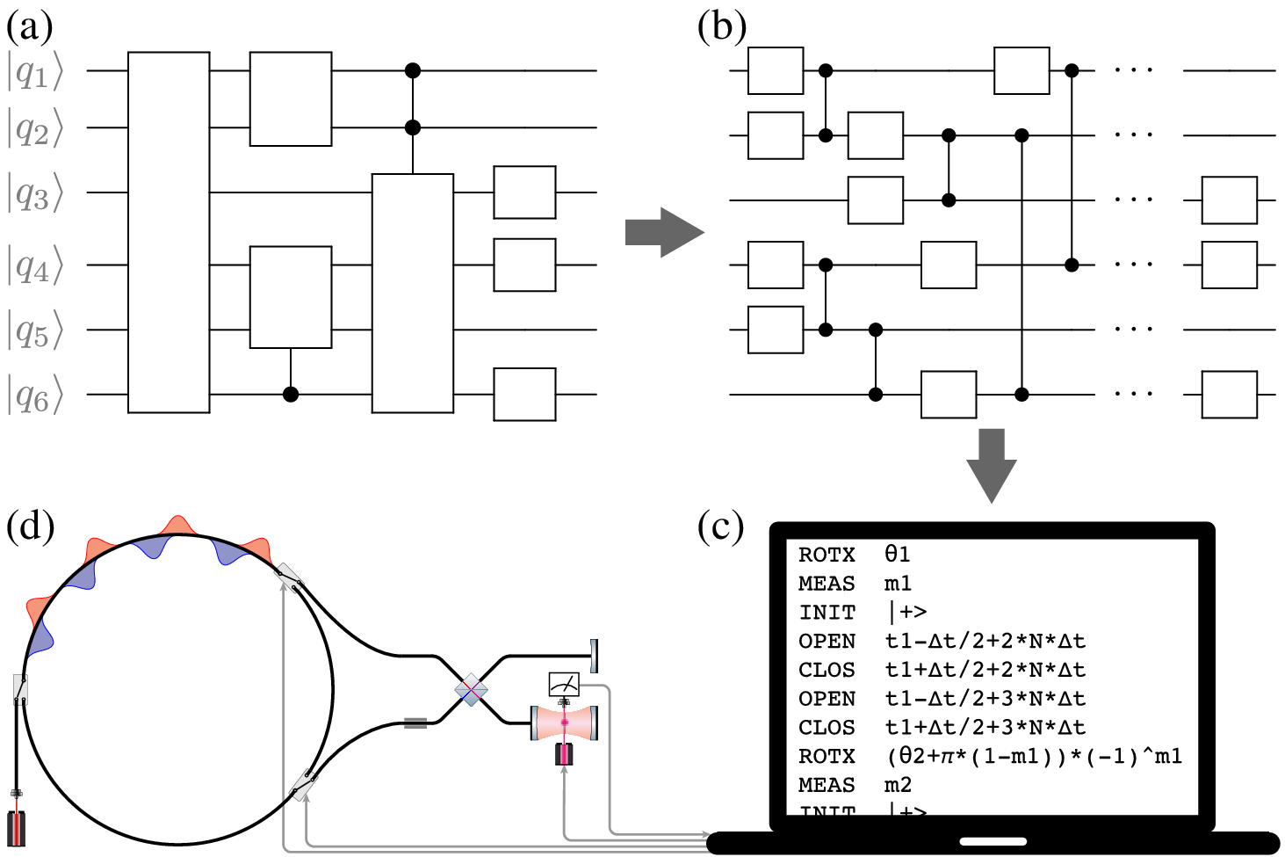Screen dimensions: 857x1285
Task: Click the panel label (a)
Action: click(29, 27)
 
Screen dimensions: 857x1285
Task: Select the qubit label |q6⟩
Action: click(35, 396)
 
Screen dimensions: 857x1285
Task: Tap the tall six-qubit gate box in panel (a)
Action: click(169, 232)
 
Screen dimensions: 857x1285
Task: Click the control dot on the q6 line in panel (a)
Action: click(291, 395)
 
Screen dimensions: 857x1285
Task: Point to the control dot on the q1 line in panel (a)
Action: click(412, 70)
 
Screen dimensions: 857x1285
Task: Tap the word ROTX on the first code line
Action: click(827, 555)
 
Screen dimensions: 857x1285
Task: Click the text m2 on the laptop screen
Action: click(898, 785)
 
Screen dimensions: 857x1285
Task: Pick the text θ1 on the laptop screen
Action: click(897, 555)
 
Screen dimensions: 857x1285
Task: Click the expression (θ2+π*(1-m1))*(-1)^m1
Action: click(1034, 756)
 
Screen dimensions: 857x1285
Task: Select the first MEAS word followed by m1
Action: click(827, 584)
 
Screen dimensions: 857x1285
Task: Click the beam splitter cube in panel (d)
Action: click(472, 690)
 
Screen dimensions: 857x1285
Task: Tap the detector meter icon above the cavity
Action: click(563, 683)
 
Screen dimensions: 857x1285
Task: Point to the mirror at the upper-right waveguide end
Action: click(595, 655)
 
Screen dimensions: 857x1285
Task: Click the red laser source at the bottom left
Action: click(17, 826)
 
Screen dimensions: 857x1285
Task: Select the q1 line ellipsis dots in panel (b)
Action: click(1133, 70)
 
